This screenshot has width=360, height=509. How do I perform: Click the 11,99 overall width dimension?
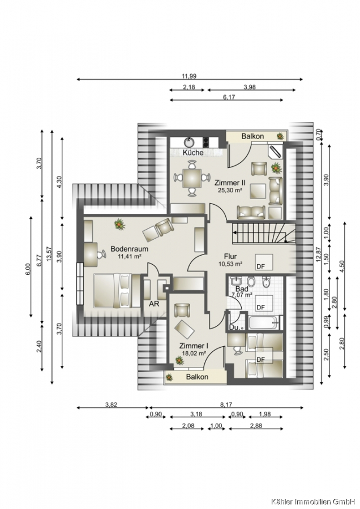pos(188,76)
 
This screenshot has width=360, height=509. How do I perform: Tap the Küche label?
pos(193,152)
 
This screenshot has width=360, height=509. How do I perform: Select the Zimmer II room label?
pos(230,183)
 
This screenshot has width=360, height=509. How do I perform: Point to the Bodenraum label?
pos(129,249)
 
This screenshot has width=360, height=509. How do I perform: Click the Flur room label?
pos(230,256)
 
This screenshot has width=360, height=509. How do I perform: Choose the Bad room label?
pos(242,289)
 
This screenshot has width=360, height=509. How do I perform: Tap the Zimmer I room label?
pos(194,346)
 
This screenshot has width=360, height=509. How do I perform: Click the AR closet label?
pos(154,304)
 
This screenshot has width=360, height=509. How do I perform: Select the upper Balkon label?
pos(252,136)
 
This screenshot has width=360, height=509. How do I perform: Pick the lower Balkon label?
pos(197,377)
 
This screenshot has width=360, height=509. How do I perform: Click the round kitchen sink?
pos(189,142)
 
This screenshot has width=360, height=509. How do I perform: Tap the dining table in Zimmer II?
pos(192,178)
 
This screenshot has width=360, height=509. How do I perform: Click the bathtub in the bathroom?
pos(264,322)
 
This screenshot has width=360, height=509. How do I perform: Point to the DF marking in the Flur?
pos(260,266)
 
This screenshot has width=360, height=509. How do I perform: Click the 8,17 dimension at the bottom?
pos(226,404)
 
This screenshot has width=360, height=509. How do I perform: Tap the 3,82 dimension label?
pos(111,404)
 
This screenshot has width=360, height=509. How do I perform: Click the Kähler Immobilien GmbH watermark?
pos(314,502)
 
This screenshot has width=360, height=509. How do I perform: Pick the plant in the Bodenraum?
pos(119,225)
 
